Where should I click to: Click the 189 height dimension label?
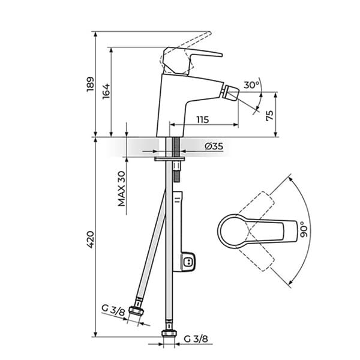[x=91, y=84]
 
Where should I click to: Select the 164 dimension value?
[x=106, y=91]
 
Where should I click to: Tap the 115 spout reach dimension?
[x=203, y=119]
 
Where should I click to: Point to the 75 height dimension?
[x=270, y=115]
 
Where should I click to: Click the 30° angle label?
[x=251, y=85]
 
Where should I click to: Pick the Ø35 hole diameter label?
[x=214, y=146]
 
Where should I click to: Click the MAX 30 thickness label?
[x=122, y=189]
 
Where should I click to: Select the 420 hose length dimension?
[x=91, y=239]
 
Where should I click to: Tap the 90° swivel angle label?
[x=304, y=229]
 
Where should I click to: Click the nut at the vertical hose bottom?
[x=169, y=333]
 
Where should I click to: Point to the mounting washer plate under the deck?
[x=169, y=158]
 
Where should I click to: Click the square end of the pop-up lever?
[x=189, y=262]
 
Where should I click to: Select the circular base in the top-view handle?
[x=232, y=231]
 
